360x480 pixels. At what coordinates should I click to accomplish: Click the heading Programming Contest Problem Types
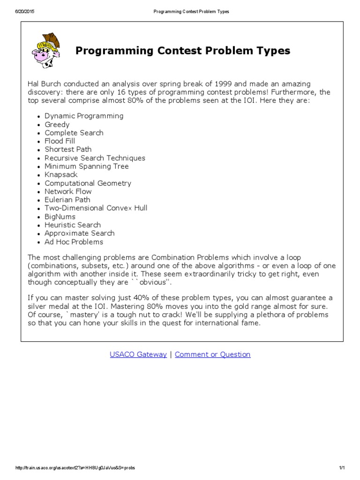pos(183,51)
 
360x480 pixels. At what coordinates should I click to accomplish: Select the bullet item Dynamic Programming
pos(84,116)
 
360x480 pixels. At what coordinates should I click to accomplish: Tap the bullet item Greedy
pos(57,124)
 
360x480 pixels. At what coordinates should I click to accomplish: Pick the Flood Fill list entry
pos(60,141)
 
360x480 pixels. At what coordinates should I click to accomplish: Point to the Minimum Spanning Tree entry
pos(86,166)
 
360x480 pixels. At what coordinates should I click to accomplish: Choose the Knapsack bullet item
pos(61,175)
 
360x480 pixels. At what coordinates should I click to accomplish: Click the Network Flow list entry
pos(68,191)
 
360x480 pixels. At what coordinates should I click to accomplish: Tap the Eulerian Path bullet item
pos(67,200)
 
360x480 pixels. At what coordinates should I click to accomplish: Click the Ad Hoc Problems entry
pos(74,242)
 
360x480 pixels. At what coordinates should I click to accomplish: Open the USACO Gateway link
pos(138,354)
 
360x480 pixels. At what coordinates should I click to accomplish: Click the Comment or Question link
pos(213,354)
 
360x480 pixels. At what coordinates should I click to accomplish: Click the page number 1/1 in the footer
pos(341,468)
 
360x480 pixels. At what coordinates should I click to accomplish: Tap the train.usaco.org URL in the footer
pos(75,468)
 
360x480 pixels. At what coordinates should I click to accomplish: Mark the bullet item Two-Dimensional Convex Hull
pos(96,208)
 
